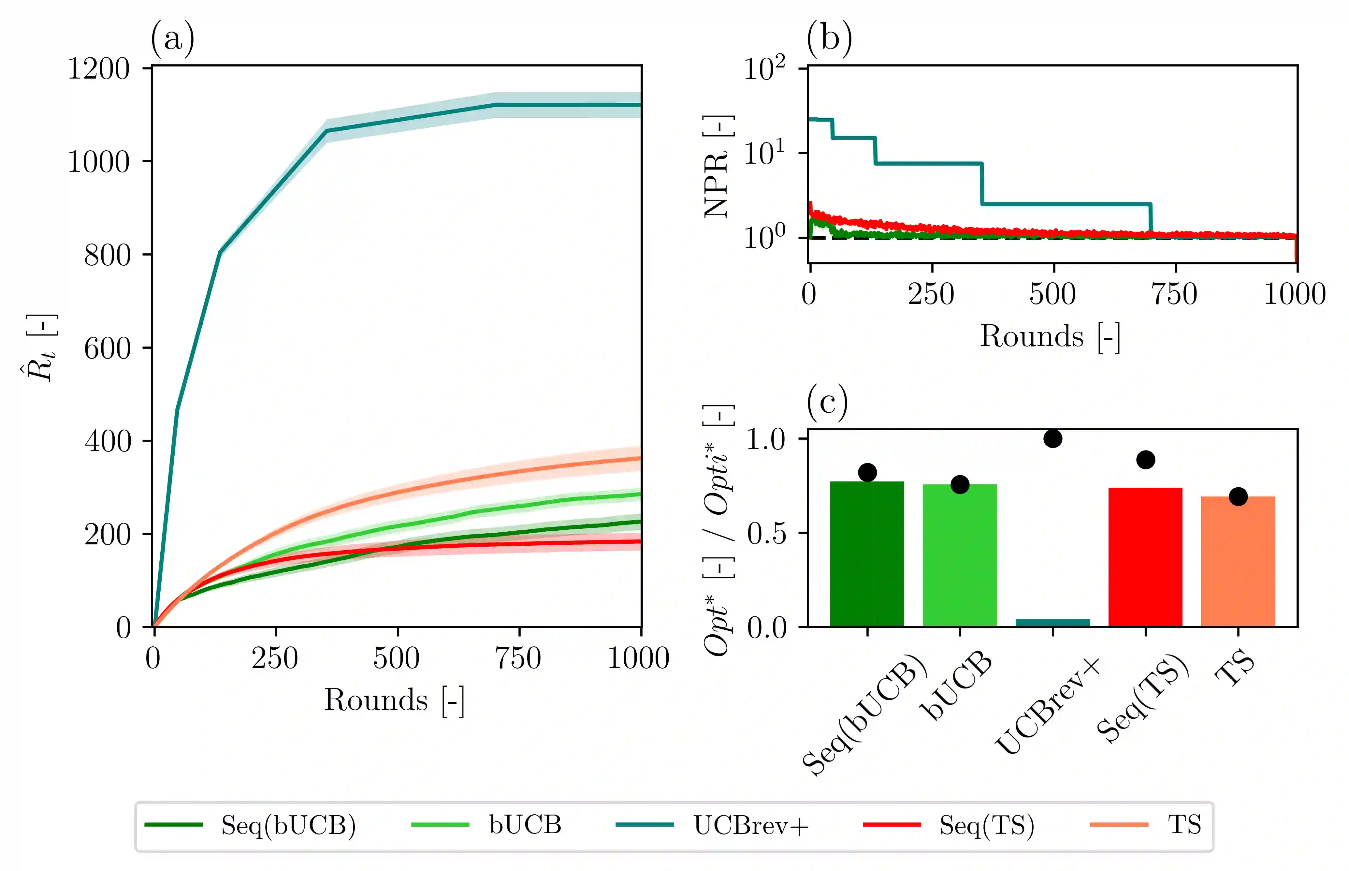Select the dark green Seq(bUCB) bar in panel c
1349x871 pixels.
tap(867, 554)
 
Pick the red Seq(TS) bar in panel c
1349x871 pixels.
tap(1145, 557)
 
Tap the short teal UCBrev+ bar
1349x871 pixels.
tap(1052, 623)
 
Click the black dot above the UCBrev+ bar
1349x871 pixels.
tap(1052, 438)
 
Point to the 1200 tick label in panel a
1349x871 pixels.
tap(99, 69)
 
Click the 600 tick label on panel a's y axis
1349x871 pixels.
tap(108, 348)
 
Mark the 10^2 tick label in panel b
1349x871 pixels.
tap(764, 69)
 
